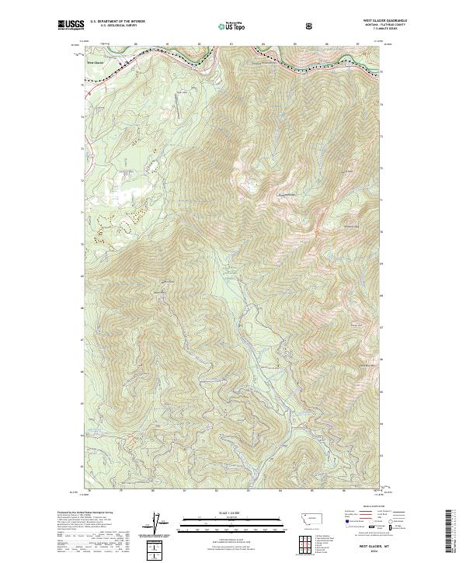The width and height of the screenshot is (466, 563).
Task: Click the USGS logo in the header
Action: coord(68,26)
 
